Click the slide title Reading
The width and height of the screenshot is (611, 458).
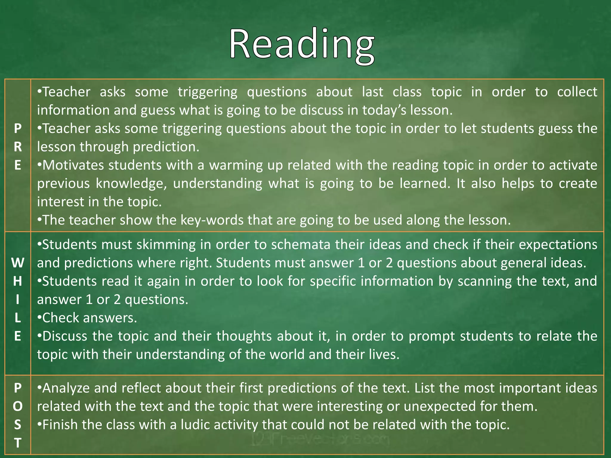(302, 45)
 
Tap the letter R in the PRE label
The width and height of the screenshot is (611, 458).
(18, 147)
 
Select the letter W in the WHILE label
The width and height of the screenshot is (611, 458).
(18, 263)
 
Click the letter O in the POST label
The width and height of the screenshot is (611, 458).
(18, 406)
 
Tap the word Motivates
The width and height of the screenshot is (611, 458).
(73, 165)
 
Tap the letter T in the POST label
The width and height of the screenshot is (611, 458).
(18, 443)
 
